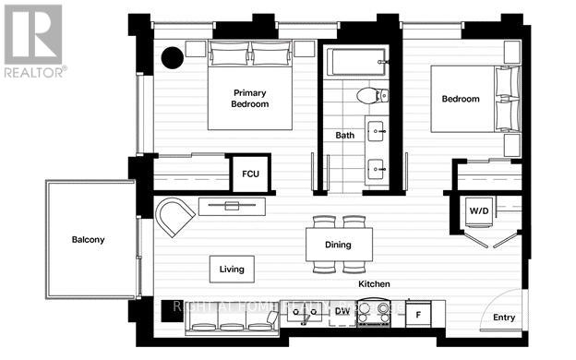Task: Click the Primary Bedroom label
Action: tap(250, 99)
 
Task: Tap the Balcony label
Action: tap(89, 240)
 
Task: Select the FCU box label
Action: tap(250, 174)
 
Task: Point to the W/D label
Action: tap(479, 211)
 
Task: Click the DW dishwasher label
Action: tap(342, 311)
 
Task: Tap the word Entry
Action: tap(504, 318)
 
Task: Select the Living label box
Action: tap(232, 270)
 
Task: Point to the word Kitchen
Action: tap(374, 283)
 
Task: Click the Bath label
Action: tap(344, 136)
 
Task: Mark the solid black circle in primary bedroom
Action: tap(173, 57)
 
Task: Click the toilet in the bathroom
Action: tap(366, 94)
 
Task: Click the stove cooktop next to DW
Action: tap(374, 315)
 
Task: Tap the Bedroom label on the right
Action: tap(461, 99)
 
